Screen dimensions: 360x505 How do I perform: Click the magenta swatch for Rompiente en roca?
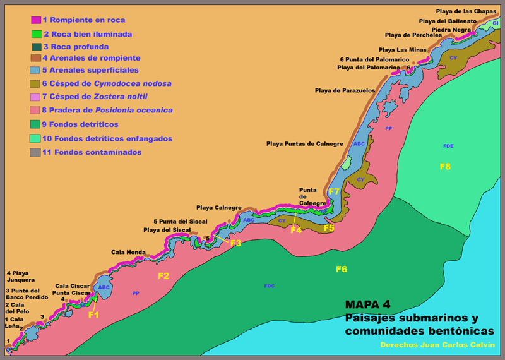tap(36, 21)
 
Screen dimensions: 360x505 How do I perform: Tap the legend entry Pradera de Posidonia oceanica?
tap(107, 110)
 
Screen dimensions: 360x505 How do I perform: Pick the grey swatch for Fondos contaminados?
tap(35, 152)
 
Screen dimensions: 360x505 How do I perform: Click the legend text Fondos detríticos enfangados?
tap(107, 138)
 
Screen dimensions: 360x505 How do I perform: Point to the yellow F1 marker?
tap(93, 315)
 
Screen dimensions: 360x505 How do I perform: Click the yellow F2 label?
tap(163, 275)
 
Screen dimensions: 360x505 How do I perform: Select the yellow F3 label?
tap(235, 243)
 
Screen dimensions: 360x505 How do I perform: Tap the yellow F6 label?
tap(341, 269)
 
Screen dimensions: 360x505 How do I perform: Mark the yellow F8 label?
tap(445, 166)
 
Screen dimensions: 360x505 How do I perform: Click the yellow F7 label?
tap(334, 191)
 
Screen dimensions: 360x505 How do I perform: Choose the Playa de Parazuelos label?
tap(345, 91)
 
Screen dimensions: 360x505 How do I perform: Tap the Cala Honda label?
tap(128, 252)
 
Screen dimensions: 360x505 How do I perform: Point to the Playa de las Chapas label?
tap(466, 11)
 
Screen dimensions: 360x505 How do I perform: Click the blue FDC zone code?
tap(269, 286)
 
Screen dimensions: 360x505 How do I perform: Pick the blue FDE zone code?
tap(448, 146)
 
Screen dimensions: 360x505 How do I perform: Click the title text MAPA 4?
tap(369, 304)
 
